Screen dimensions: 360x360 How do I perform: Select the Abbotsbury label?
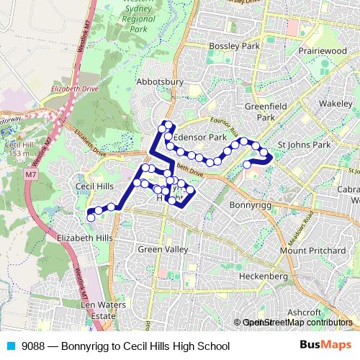156,82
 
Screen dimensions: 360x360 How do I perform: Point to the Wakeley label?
335,104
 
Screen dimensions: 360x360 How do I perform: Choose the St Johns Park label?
304,145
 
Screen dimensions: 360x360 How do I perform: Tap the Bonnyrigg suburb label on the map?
249,205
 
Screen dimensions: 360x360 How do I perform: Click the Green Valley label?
163,249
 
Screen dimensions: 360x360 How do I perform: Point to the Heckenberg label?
264,276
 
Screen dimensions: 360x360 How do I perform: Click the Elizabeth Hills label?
85,238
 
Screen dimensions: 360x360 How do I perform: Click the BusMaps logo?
325,346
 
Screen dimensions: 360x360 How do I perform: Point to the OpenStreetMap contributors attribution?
297,323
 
